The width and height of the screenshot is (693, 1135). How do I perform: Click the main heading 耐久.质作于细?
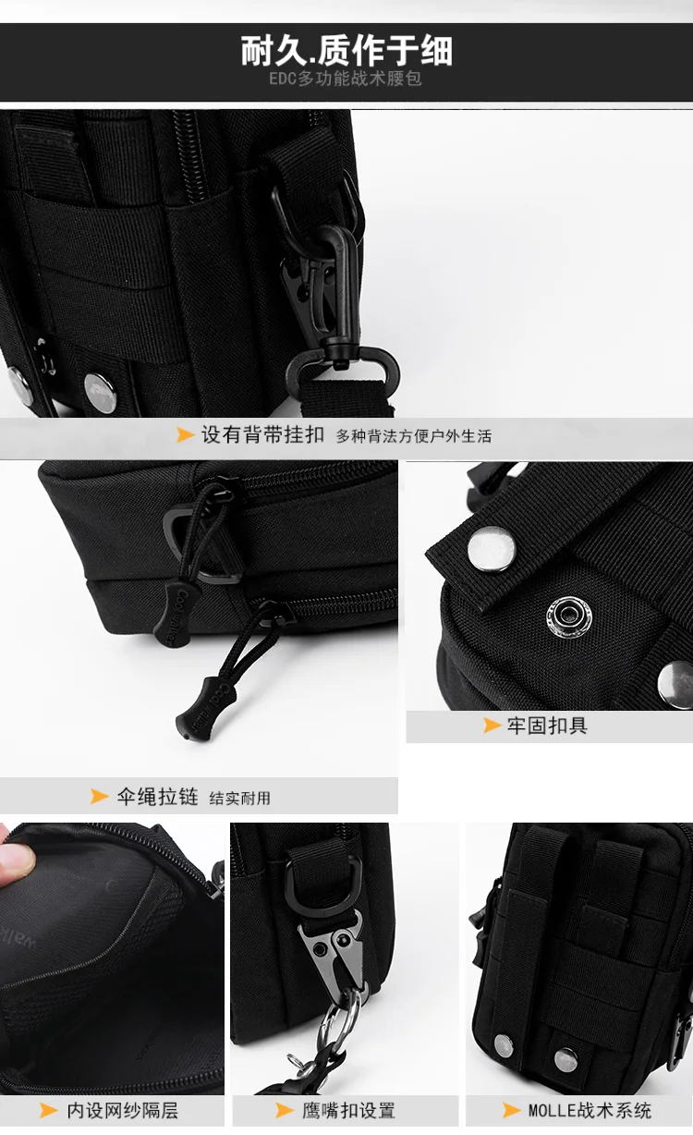coord(346,50)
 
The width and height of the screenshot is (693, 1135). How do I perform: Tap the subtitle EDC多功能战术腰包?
coord(346,79)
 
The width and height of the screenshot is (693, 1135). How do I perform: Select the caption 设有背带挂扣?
coord(262,434)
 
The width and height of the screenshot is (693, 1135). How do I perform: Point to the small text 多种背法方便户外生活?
coord(413,436)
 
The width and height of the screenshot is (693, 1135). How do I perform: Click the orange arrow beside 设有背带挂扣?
coord(185,434)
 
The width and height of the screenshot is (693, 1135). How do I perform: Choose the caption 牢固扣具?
coord(547,726)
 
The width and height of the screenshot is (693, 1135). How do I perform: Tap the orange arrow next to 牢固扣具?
coord(492,726)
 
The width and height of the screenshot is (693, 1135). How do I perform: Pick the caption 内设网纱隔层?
coord(122,1110)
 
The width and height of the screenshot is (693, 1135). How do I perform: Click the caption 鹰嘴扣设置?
coord(348,1110)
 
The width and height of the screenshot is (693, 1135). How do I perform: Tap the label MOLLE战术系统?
coord(590,1110)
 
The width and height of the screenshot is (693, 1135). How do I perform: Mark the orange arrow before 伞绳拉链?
coord(100,797)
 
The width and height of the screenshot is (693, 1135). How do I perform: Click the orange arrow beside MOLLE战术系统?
coord(511,1110)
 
